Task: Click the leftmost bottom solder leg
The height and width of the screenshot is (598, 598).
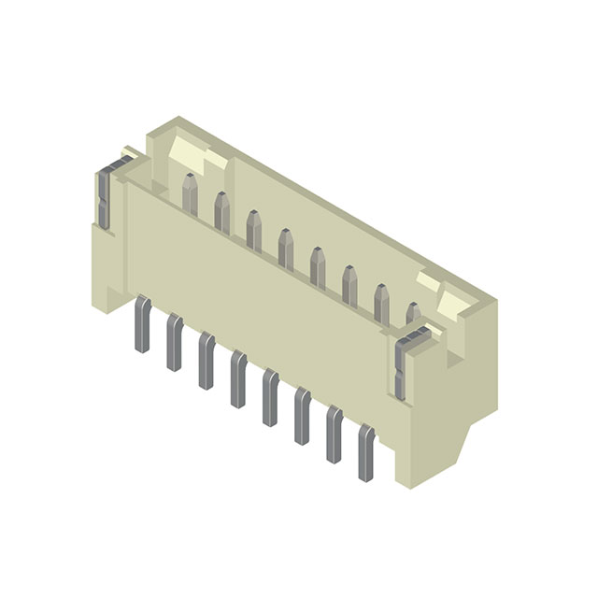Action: tap(142, 324)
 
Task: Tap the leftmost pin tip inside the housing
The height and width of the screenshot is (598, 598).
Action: tap(190, 193)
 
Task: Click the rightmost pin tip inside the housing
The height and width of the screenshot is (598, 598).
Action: tap(412, 315)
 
